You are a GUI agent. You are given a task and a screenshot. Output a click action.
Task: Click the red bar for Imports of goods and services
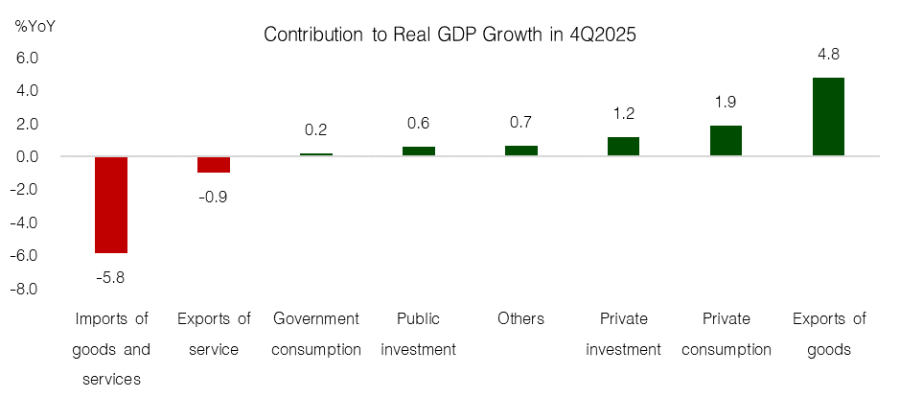(111, 204)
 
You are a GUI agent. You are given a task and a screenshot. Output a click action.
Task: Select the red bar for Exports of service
(214, 164)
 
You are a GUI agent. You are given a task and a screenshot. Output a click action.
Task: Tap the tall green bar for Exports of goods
(828, 116)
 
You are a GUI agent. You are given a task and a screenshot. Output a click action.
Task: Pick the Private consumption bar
(726, 140)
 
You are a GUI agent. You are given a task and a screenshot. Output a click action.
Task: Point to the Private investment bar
(623, 146)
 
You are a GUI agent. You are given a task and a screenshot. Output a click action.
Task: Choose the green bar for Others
(521, 151)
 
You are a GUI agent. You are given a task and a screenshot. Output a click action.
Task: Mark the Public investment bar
(419, 151)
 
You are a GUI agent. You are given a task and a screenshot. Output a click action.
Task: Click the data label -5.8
(111, 278)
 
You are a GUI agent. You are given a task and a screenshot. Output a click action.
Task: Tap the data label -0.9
(214, 198)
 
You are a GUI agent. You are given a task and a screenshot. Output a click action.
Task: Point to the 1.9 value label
(726, 102)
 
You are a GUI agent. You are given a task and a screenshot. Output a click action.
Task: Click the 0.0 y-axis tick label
(27, 157)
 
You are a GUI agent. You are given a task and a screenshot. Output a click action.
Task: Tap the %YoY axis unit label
(35, 26)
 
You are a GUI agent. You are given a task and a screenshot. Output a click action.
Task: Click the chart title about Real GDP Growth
(450, 35)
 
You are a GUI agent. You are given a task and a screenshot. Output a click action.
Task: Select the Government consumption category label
(316, 334)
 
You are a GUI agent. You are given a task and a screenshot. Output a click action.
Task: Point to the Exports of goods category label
(828, 334)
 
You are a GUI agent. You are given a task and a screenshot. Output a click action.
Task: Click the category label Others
(521, 318)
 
